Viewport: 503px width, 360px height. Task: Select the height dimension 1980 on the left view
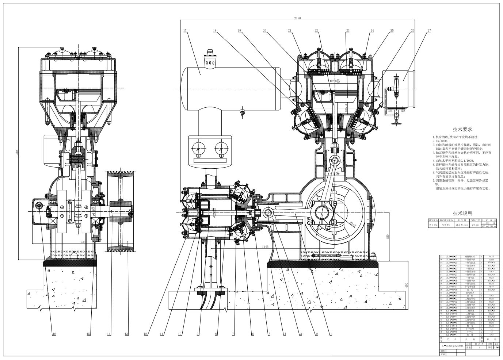point(16,154)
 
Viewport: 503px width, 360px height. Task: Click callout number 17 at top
point(185,31)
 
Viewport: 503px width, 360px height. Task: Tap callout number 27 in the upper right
point(429,31)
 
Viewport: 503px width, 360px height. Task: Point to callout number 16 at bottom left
point(54,334)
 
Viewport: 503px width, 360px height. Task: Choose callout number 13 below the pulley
point(126,334)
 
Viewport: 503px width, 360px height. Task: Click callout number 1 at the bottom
point(331,334)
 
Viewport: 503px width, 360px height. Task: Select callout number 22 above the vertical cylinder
point(316,31)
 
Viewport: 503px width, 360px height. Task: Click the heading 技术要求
point(462,129)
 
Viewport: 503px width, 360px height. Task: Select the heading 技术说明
point(462,213)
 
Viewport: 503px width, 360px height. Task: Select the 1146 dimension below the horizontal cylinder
point(265,247)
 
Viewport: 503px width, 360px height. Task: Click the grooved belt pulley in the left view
point(121,211)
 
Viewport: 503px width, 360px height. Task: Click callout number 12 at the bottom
point(145,334)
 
